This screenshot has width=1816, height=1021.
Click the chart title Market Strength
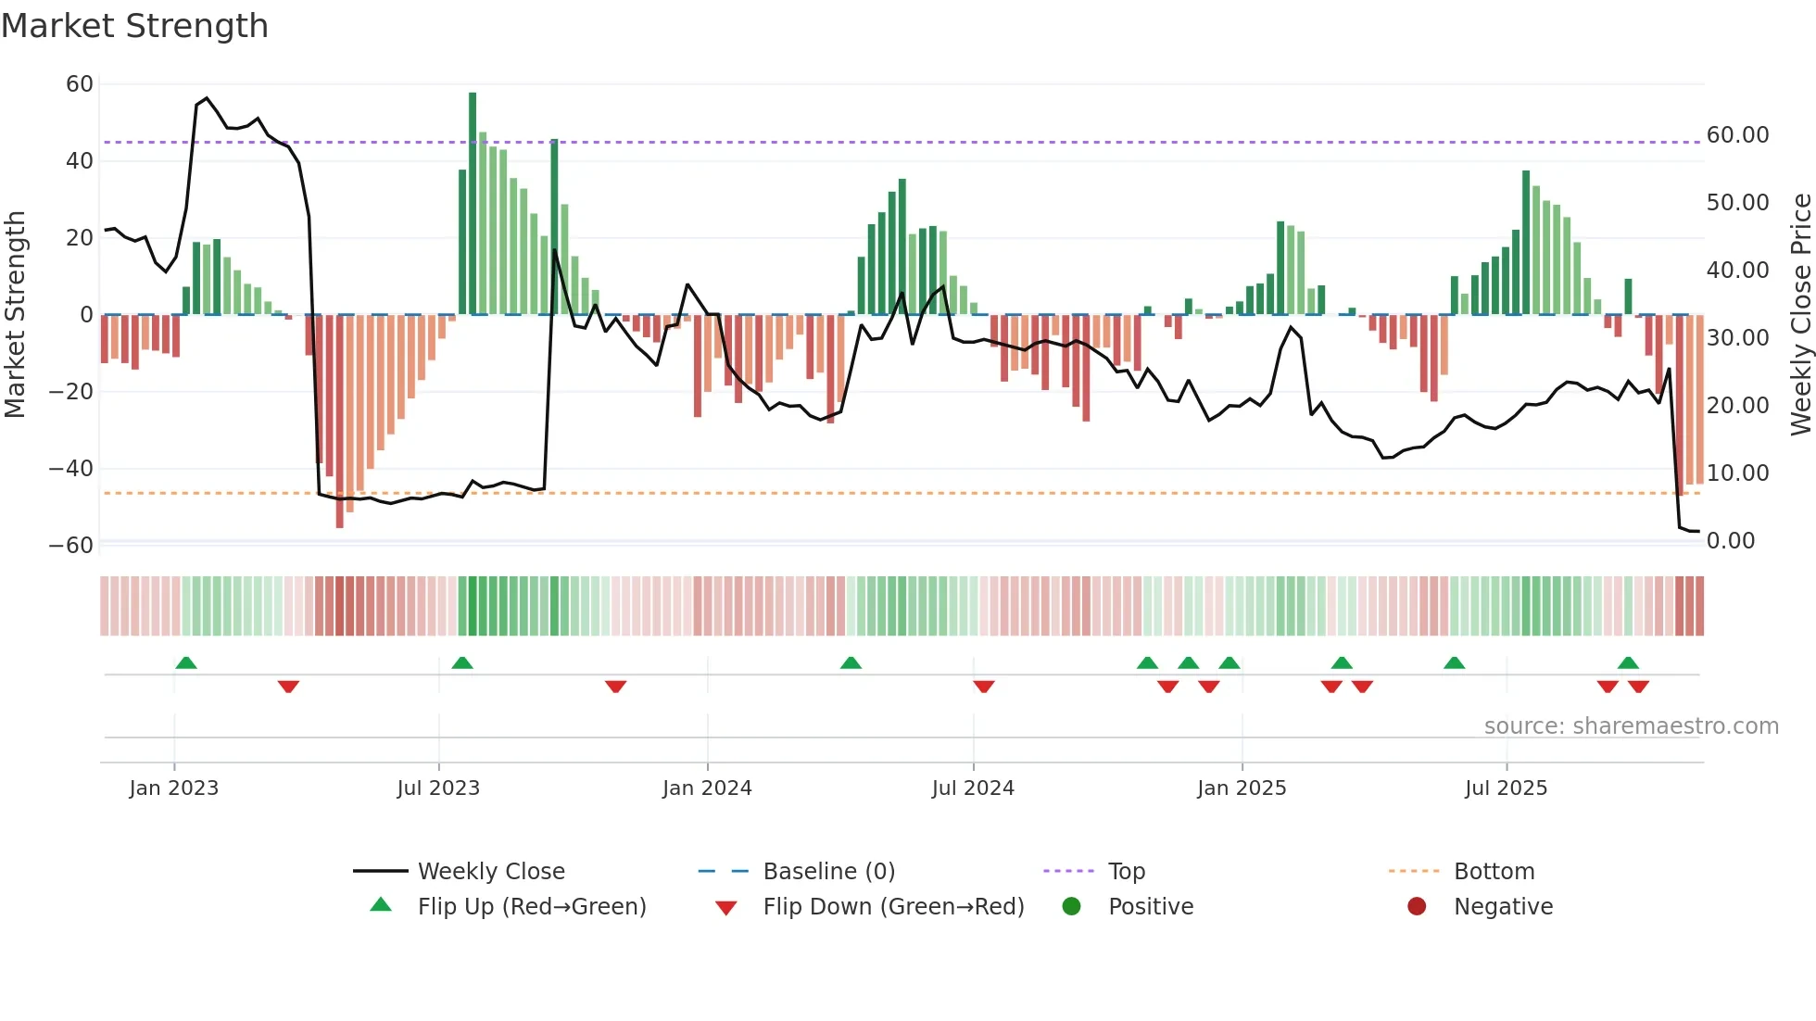click(134, 26)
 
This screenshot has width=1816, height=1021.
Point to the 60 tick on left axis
click(80, 84)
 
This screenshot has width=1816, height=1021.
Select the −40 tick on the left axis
click(71, 469)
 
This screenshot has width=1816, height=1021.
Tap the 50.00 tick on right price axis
click(1737, 203)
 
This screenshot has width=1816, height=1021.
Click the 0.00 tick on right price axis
click(1730, 541)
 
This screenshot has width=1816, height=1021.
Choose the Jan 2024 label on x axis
click(707, 788)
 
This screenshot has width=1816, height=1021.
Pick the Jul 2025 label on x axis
click(1506, 788)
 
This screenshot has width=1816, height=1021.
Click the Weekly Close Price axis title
click(1800, 314)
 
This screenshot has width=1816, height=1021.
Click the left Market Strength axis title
click(15, 314)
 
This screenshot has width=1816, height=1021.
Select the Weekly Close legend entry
click(490, 872)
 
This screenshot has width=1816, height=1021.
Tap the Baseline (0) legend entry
click(828, 872)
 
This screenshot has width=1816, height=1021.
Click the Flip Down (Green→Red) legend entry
click(892, 907)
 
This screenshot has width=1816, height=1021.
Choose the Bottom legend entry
click(1494, 872)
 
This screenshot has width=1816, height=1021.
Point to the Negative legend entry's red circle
click(1417, 907)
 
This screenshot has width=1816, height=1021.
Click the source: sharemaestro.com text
click(1631, 726)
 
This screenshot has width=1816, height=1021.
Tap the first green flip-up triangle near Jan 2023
click(186, 662)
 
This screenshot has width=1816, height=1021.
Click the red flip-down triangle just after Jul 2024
click(984, 687)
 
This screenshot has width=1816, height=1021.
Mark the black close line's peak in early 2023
click(207, 98)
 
